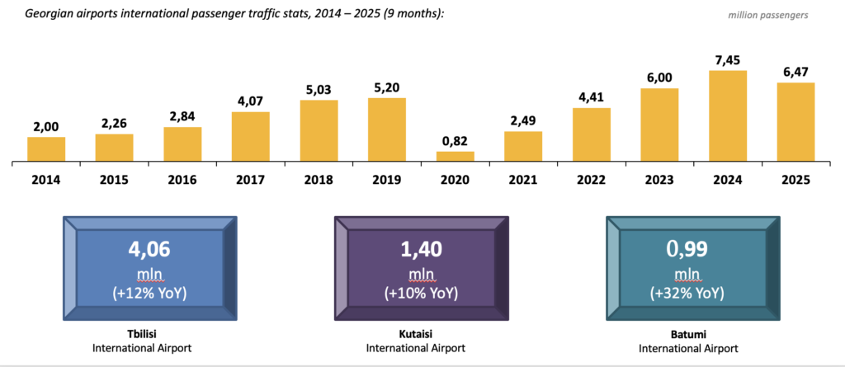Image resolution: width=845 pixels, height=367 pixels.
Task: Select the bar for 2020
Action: pos(456,156)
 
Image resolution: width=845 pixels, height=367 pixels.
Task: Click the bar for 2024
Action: pos(728,115)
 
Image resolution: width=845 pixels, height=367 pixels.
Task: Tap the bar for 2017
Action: pos(251,136)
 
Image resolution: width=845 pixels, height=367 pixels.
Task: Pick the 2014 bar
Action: pos(46,148)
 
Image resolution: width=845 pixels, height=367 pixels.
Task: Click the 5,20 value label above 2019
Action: pos(387,87)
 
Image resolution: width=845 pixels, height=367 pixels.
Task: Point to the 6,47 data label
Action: pos(795,72)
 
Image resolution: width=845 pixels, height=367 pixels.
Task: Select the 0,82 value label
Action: pos(456,140)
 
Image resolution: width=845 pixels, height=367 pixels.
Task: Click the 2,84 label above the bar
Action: pos(182,116)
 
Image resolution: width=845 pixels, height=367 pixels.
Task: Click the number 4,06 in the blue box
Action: pos(149,248)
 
